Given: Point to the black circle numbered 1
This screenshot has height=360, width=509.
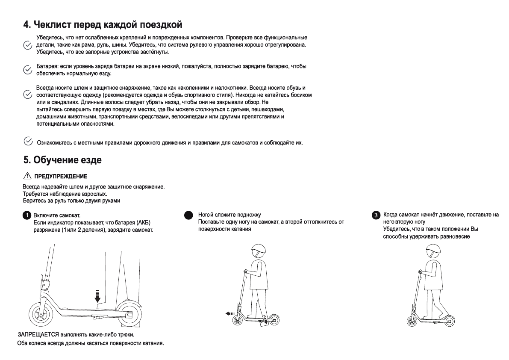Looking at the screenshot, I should (x=26, y=215).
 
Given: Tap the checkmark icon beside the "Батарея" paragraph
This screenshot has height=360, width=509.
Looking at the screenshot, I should (x=27, y=70).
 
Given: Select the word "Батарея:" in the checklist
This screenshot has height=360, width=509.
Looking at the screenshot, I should (x=47, y=67).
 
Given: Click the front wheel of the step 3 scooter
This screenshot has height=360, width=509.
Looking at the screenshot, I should (x=413, y=321).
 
